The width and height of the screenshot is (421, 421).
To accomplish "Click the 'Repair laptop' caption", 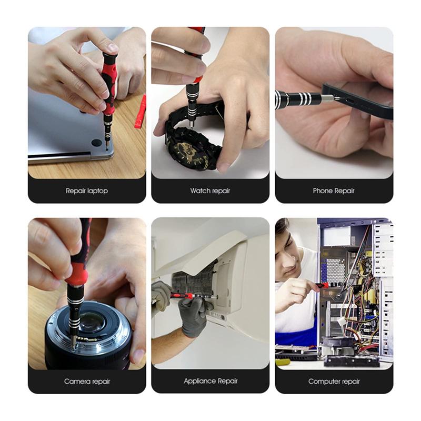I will pyautogui.click(x=87, y=191).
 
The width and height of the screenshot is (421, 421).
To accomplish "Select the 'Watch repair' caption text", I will pyautogui.click(x=210, y=191).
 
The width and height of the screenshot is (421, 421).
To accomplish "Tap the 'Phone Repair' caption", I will pyautogui.click(x=334, y=191).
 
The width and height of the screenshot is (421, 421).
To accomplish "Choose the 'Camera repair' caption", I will pyautogui.click(x=87, y=381).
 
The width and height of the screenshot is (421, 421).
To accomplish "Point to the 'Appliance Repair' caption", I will pyautogui.click(x=210, y=381).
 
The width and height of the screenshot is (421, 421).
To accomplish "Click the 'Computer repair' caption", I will pyautogui.click(x=334, y=381).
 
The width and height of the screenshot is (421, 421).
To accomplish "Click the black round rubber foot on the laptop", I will pyautogui.click(x=96, y=143).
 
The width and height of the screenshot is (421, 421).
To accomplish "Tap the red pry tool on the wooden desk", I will pyautogui.click(x=140, y=112).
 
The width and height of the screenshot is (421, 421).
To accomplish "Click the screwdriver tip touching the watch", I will pyautogui.click(x=192, y=126).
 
